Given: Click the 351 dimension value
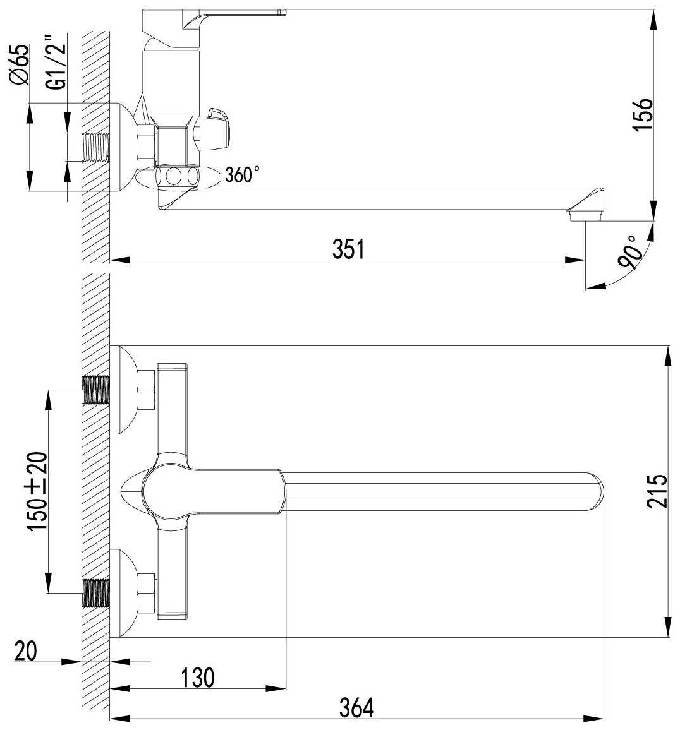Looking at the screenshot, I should coord(348,249).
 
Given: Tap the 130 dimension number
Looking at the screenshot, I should coord(198,678).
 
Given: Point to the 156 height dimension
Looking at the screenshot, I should coord(642,114).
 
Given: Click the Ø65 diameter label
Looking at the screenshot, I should coord(20,64).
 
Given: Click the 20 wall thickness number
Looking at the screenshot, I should coord(27,650).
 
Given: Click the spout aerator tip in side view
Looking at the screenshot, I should coord(585,215).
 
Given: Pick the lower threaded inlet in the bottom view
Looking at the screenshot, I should coord(96,592).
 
